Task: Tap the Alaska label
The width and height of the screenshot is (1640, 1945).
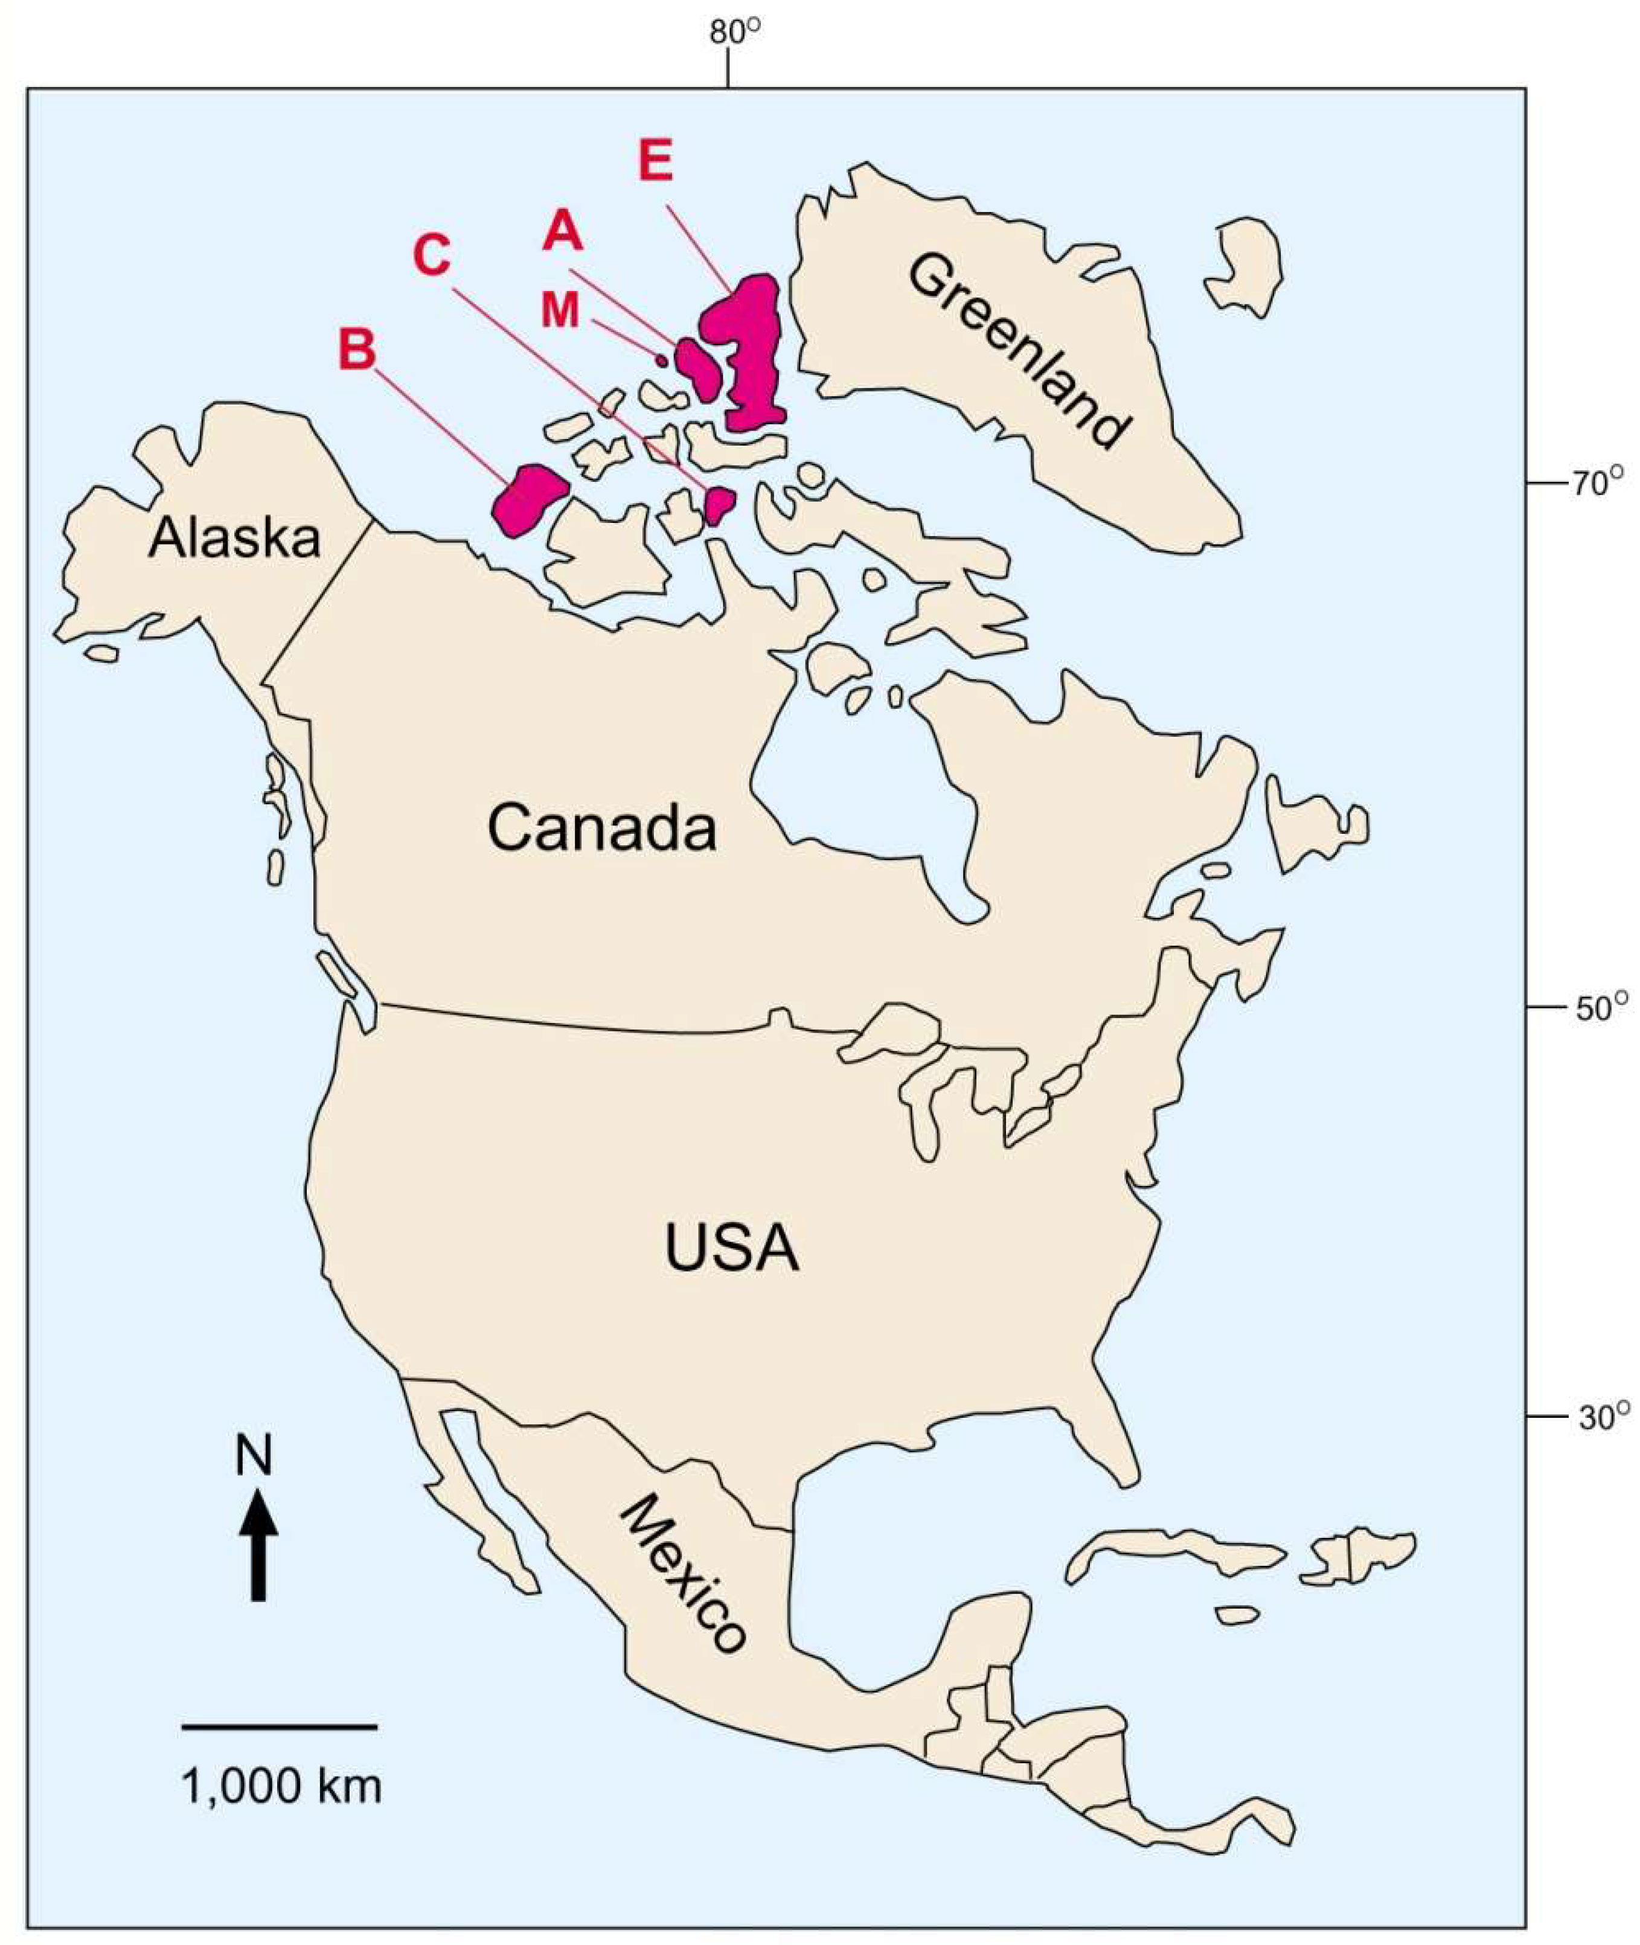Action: coord(235,538)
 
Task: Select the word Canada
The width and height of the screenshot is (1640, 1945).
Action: coord(601,829)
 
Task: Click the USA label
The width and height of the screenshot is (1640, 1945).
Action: coord(732,1249)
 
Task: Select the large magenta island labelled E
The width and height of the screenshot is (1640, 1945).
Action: coord(748,353)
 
